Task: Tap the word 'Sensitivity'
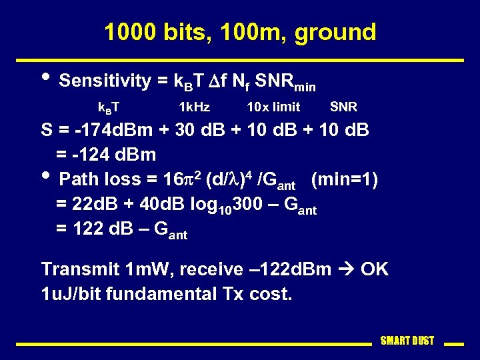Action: click(105, 81)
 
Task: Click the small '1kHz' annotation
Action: click(194, 107)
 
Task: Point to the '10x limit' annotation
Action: click(273, 107)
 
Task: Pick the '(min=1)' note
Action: click(345, 179)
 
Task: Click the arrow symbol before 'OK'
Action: click(347, 269)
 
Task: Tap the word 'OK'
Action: click(375, 269)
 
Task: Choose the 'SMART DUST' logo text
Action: click(407, 341)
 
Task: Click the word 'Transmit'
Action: click(80, 269)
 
